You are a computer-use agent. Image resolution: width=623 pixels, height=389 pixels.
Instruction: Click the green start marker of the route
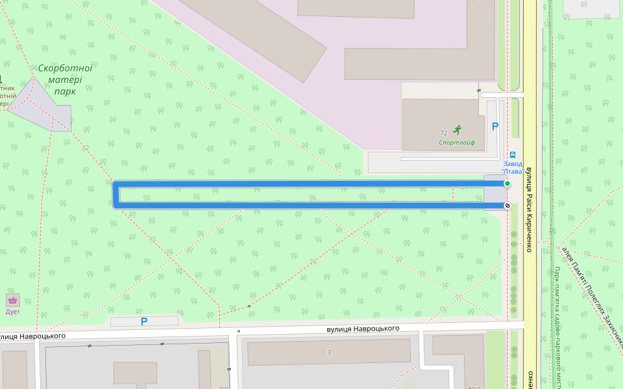507,184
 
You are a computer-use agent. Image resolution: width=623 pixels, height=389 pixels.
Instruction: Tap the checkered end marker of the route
507,206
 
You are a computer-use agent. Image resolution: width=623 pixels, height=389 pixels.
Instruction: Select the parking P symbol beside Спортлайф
495,127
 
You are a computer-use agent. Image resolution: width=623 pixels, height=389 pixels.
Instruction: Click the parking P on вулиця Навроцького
144,322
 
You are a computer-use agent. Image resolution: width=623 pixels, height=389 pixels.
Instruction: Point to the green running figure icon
458,130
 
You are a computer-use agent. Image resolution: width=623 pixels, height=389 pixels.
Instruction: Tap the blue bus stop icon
512,156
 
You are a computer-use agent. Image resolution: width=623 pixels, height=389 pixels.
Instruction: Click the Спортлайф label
457,143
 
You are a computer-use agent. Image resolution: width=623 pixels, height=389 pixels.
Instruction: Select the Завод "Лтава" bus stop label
513,167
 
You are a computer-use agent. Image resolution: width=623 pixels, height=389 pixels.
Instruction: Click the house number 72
443,132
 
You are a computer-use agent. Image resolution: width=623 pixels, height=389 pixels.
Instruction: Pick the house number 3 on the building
329,352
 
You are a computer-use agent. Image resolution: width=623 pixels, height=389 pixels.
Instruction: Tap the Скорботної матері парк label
65,79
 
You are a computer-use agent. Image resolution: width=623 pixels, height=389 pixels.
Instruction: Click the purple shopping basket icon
12,300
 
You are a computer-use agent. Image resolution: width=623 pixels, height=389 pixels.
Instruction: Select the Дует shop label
12,312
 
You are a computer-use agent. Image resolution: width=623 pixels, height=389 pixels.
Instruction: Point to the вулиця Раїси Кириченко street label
529,207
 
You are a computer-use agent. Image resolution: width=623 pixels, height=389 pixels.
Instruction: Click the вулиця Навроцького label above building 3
363,329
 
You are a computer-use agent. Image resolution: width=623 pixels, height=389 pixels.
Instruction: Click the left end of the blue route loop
115,194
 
